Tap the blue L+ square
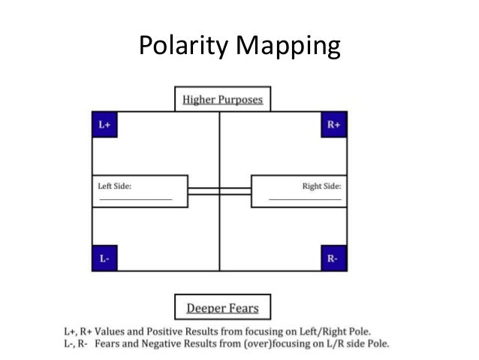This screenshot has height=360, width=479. pyautogui.click(x=104, y=125)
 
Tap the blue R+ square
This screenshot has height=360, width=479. pyautogui.click(x=334, y=125)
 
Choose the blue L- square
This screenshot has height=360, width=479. pyautogui.click(x=104, y=258)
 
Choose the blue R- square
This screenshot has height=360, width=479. pyautogui.click(x=334, y=258)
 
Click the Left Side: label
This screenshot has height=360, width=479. pyautogui.click(x=114, y=185)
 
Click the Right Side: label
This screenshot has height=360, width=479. pyautogui.click(x=323, y=185)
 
